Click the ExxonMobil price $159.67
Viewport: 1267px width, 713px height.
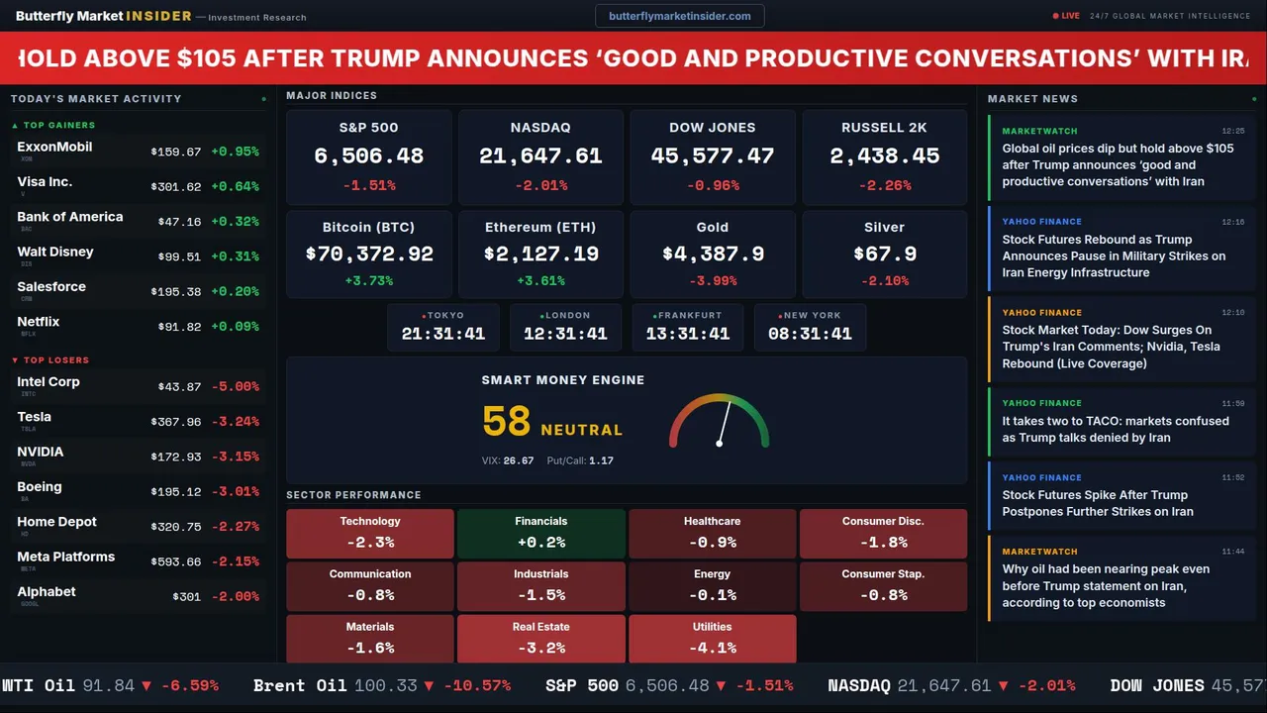pyautogui.click(x=176, y=153)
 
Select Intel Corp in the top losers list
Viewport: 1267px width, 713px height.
pyautogui.click(x=49, y=382)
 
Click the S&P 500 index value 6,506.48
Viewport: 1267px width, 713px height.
pyautogui.click(x=368, y=156)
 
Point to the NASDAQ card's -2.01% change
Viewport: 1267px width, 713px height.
pyautogui.click(x=540, y=185)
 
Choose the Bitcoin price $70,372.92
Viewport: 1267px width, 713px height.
pyautogui.click(x=368, y=255)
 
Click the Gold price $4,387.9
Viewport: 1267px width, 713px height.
pyautogui.click(x=713, y=255)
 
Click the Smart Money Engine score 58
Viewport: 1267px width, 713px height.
pyautogui.click(x=507, y=422)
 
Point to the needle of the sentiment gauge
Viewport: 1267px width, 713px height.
pyautogui.click(x=724, y=423)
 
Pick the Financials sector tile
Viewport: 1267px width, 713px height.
pyautogui.click(x=540, y=534)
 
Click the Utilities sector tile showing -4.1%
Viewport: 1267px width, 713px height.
pyautogui.click(x=713, y=639)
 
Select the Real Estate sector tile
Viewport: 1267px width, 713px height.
pyautogui.click(x=540, y=639)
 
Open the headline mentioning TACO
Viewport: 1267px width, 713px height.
pyautogui.click(x=1115, y=429)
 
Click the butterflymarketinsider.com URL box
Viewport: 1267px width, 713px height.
pyautogui.click(x=679, y=16)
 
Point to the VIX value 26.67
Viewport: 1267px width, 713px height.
pyautogui.click(x=519, y=460)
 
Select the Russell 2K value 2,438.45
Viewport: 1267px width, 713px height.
pyautogui.click(x=885, y=156)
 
